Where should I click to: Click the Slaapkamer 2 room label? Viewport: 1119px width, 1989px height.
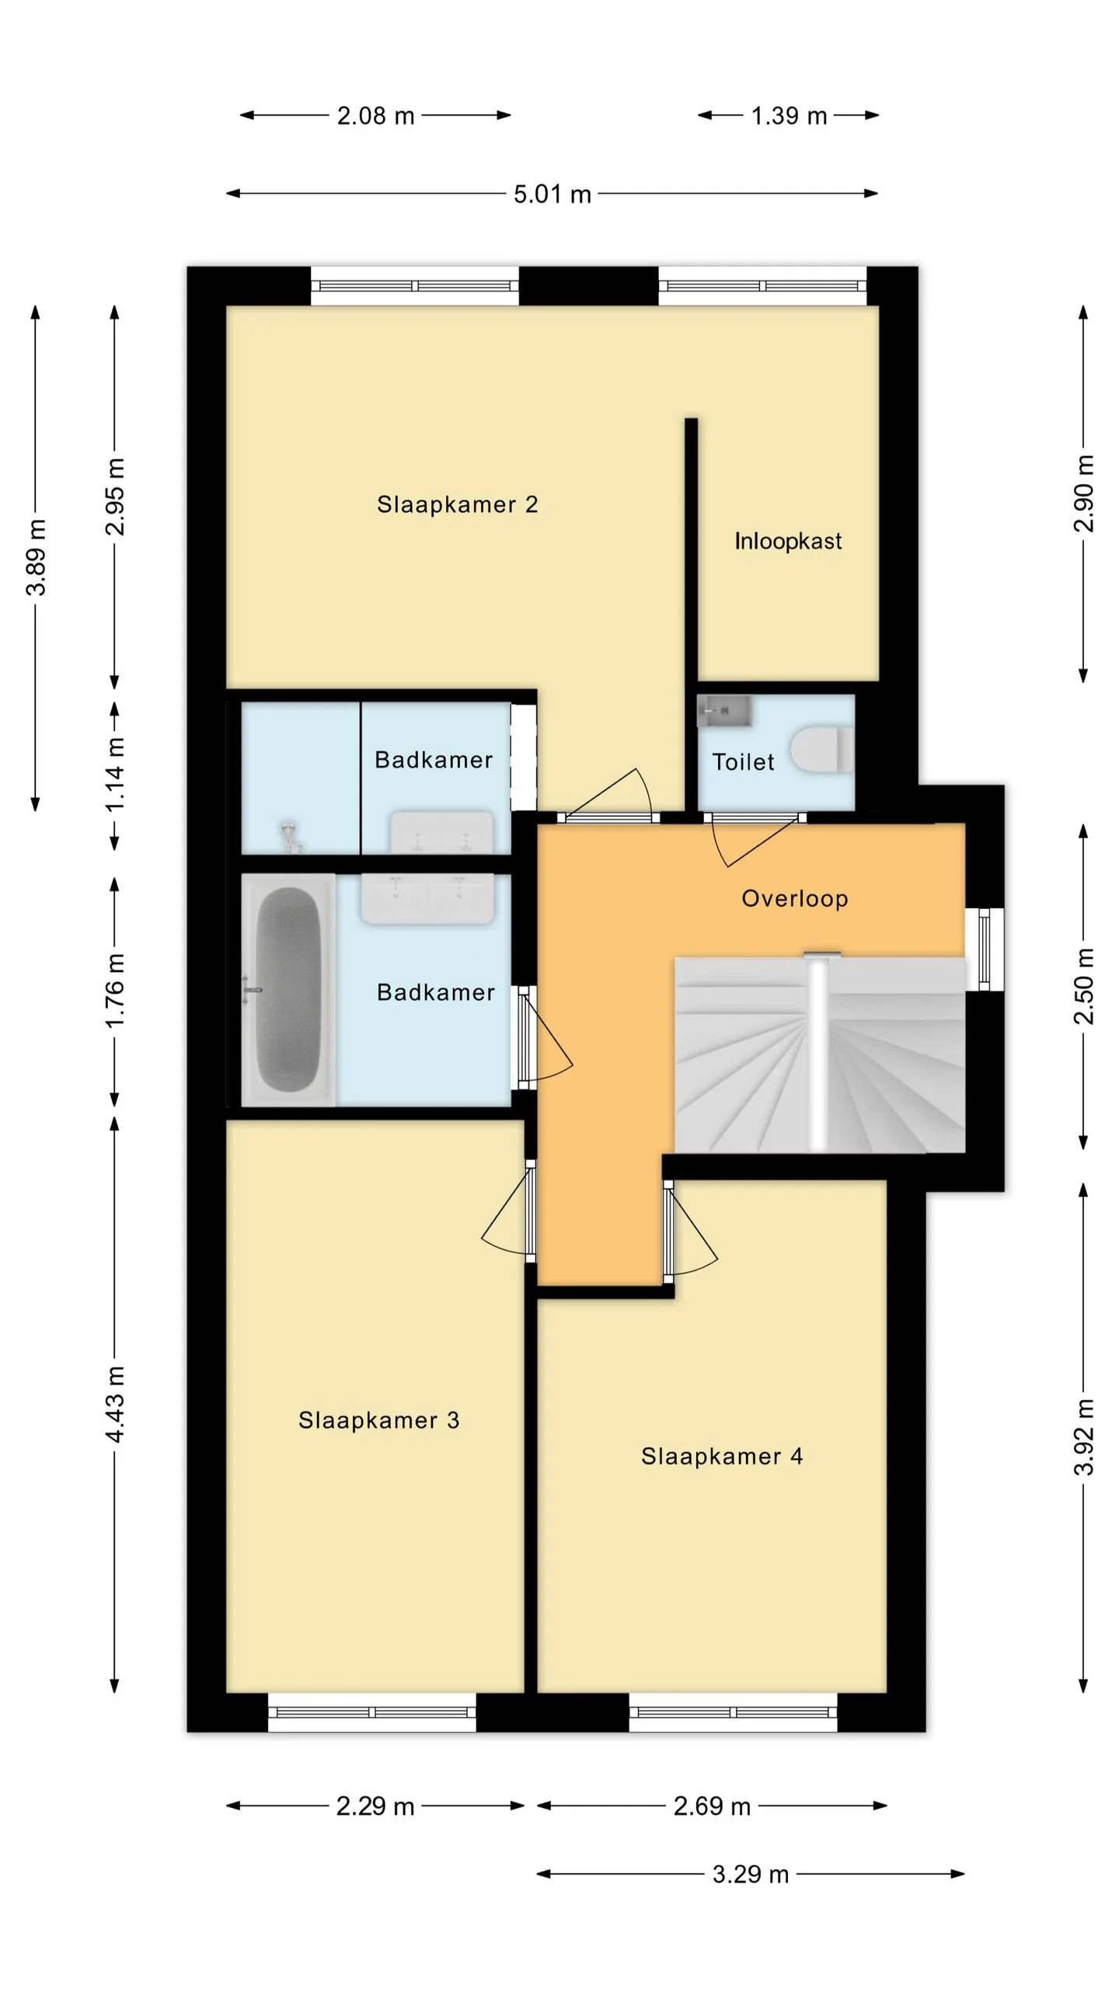tap(457, 505)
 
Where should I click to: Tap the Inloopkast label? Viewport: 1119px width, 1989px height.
tap(788, 541)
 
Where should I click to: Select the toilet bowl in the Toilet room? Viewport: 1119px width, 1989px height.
tap(822, 751)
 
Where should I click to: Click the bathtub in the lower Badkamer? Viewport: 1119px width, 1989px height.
tap(288, 990)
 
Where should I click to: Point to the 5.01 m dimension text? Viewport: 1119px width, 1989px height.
tap(553, 194)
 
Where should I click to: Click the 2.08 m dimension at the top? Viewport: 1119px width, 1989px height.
tap(375, 116)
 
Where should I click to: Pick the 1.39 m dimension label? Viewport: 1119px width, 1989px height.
tap(789, 116)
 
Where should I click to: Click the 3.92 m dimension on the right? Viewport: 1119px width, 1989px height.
tap(1084, 1437)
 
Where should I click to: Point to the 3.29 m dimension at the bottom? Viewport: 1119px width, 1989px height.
tap(751, 1874)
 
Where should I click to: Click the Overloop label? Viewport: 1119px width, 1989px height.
tap(795, 899)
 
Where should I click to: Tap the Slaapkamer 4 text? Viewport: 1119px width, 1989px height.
tap(722, 1456)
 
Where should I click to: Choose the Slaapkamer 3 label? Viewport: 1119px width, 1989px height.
tap(379, 1420)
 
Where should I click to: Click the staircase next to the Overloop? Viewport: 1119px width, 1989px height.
tap(820, 1055)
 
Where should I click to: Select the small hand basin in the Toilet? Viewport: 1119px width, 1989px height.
tap(724, 711)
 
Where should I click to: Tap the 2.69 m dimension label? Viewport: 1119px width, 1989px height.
tap(712, 1806)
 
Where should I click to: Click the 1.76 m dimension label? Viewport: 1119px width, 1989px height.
tap(115, 991)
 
